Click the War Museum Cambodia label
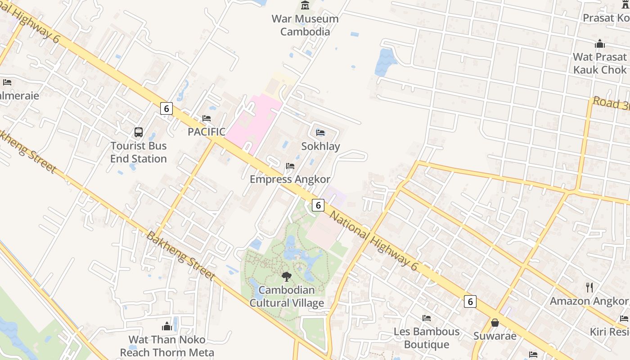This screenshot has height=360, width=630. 305,25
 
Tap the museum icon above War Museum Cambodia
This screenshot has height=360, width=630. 305,5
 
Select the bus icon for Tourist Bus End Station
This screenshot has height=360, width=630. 139,132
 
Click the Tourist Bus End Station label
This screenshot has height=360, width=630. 139,152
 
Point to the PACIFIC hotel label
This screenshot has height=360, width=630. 207,132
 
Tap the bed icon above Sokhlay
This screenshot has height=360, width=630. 320,132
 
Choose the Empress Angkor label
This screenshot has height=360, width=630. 290,179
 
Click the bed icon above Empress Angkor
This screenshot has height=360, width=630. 290,166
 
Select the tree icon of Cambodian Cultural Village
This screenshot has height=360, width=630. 286,277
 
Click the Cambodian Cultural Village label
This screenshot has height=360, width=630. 287,297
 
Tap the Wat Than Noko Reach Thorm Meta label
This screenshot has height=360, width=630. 167,346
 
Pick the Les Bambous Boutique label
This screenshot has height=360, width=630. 427,338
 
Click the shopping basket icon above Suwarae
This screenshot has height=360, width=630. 495,323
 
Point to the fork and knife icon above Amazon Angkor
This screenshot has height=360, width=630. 589,287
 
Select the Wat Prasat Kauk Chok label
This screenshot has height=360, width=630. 599,63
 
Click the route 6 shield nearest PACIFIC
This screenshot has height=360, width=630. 166,108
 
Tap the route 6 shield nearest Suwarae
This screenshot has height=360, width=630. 470,301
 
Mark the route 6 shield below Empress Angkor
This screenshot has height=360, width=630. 318,205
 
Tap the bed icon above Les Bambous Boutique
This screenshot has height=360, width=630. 427,318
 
